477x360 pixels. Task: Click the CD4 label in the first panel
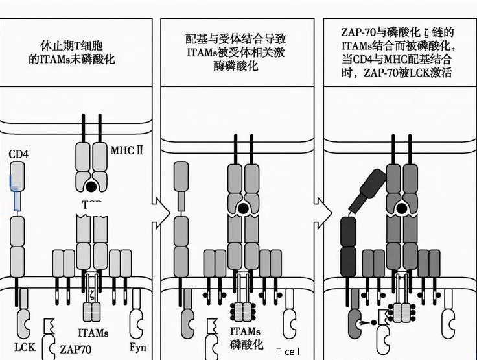(x=18, y=154)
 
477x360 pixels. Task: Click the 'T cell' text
(x=288, y=352)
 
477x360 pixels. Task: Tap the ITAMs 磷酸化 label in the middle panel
(x=245, y=337)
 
